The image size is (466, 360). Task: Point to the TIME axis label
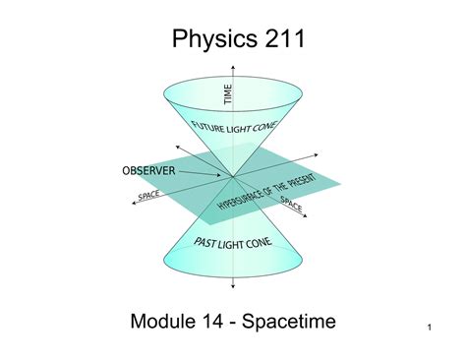click(x=228, y=95)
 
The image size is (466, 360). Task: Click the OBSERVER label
click(x=148, y=170)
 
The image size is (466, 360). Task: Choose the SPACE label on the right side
click(x=293, y=205)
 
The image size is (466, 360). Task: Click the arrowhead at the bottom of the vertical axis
click(x=233, y=287)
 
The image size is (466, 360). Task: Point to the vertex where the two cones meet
click(x=233, y=177)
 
